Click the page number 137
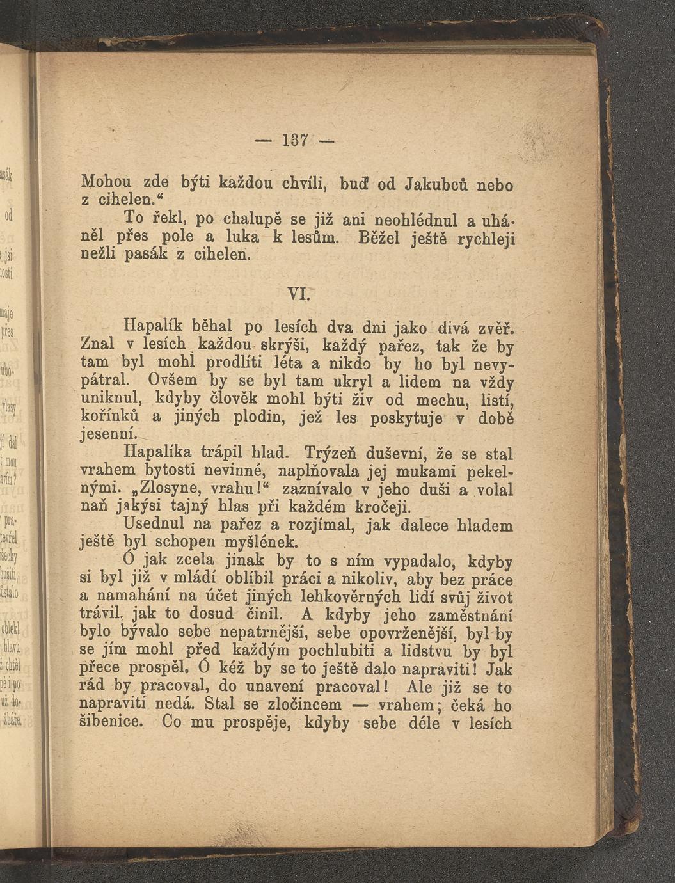[294, 139]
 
